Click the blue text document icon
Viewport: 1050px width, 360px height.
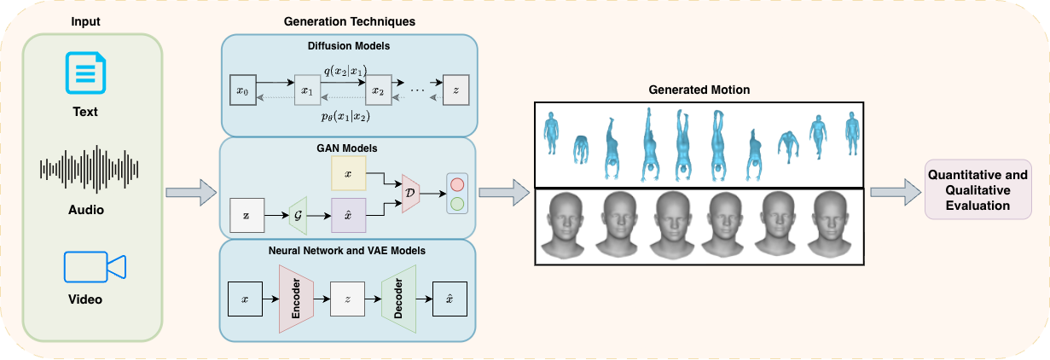[85, 73]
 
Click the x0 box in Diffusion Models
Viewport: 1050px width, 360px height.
[241, 89]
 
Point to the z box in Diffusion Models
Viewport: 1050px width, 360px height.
[456, 89]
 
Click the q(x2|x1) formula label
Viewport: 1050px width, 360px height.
[345, 71]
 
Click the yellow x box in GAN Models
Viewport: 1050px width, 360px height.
[348, 173]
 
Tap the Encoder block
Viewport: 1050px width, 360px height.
[296, 298]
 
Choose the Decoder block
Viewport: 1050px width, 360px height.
[398, 298]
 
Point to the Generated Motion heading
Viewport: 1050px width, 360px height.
[699, 89]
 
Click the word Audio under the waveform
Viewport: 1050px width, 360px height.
[85, 208]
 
